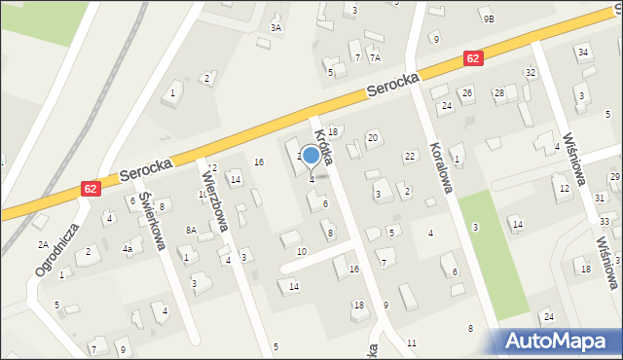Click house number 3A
pyautogui.click(x=275, y=28)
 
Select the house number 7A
pyautogui.click(x=375, y=58)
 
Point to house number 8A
pyautogui.click(x=192, y=230)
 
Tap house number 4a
pyautogui.click(x=127, y=249)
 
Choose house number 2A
pyautogui.click(x=43, y=244)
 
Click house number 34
pyautogui.click(x=582, y=51)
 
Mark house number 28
pyautogui.click(x=498, y=92)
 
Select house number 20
pyautogui.click(x=372, y=138)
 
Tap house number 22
pyautogui.click(x=410, y=156)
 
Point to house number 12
pyautogui.click(x=564, y=188)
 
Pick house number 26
pyautogui.click(x=466, y=92)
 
